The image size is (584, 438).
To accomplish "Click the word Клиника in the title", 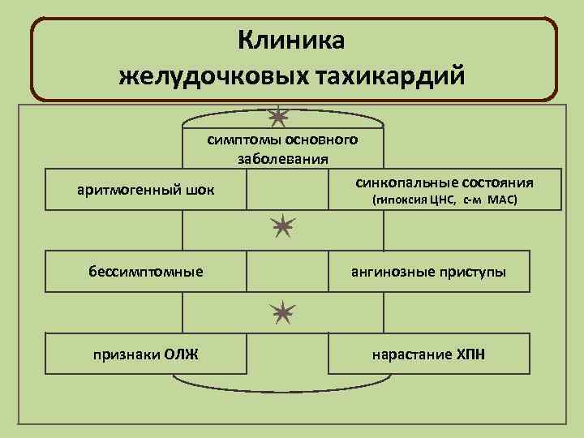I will (292, 40).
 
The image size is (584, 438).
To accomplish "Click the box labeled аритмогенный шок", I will (146, 190).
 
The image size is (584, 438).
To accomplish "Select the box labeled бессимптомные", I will (146, 271).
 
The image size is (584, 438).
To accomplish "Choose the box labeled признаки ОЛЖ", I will (146, 354).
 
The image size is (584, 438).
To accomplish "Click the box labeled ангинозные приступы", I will (428, 271).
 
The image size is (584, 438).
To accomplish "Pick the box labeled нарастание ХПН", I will (428, 354).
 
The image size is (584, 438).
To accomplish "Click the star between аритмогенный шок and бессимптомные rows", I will (282, 227).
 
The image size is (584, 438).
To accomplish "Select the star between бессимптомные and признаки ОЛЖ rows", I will (281, 311).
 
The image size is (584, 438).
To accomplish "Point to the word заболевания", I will (282, 157).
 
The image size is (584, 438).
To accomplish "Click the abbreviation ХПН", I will (470, 354).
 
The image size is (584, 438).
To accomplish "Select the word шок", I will (201, 190).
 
